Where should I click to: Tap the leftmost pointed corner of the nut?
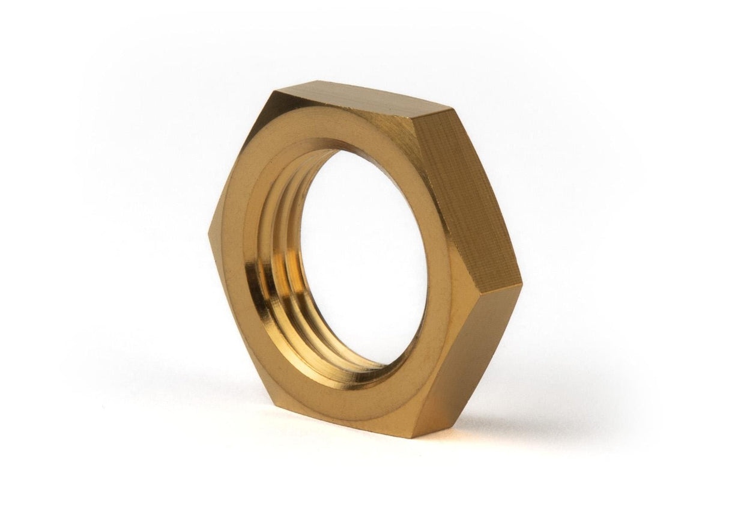[x=210, y=235]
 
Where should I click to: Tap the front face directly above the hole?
[x=354, y=132]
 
